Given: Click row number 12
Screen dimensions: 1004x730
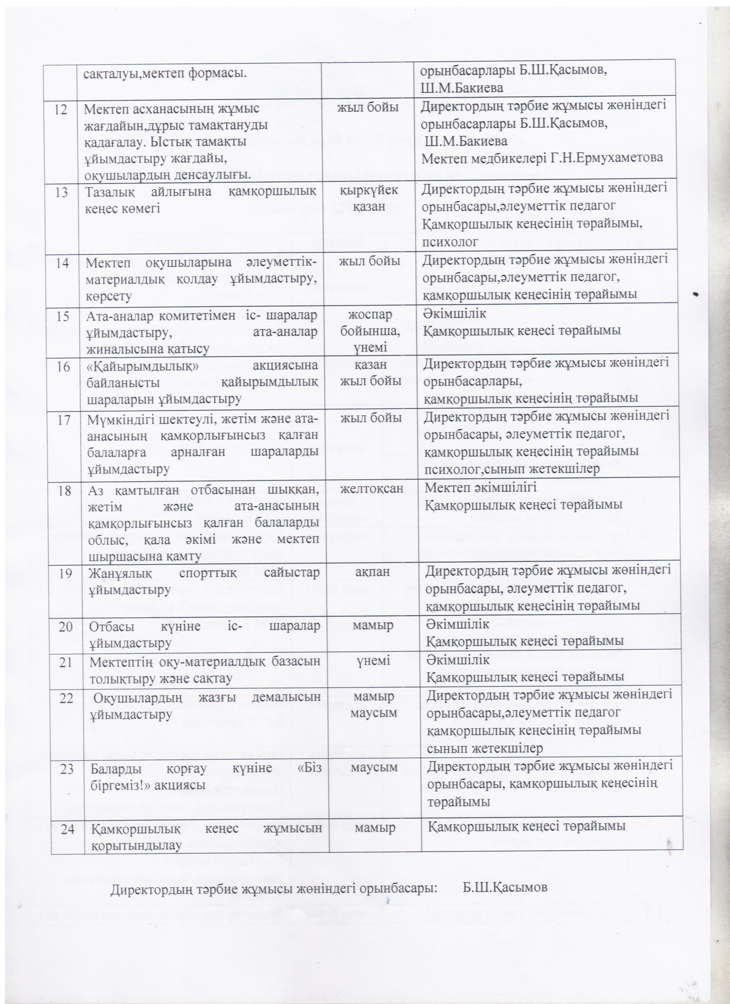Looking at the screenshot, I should pyautogui.click(x=61, y=109).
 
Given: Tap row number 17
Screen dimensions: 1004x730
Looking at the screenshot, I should pyautogui.click(x=64, y=419).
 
